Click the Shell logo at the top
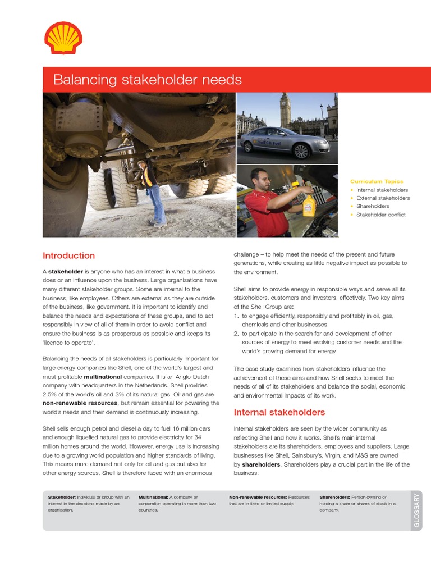[x=63, y=38]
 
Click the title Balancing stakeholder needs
[x=147, y=80]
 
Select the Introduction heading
[x=68, y=255]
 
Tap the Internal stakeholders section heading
[x=279, y=412]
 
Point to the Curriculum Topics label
[x=377, y=181]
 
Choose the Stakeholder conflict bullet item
[x=380, y=215]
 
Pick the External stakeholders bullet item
[x=382, y=198]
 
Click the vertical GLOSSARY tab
[x=416, y=510]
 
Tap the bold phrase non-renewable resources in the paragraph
[x=80, y=403]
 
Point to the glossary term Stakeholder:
[x=61, y=497]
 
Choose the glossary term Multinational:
[x=153, y=497]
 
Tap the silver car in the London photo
[x=285, y=142]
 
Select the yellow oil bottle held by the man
[x=309, y=204]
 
